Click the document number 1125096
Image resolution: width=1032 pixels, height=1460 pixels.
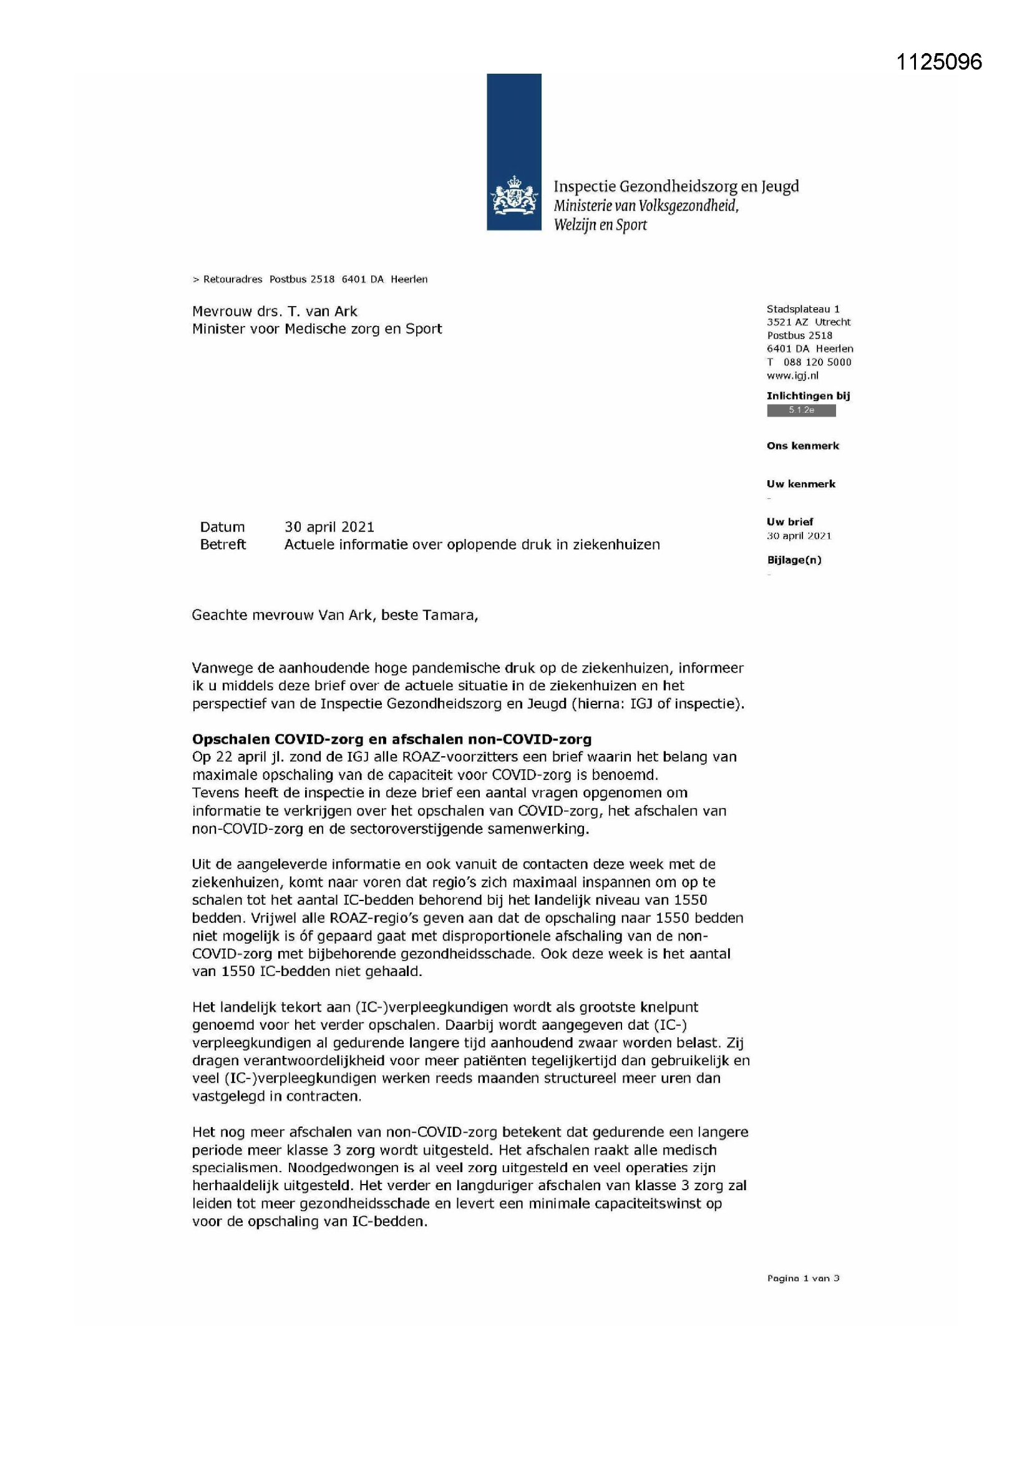point(938,62)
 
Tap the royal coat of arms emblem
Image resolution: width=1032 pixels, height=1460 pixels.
point(514,197)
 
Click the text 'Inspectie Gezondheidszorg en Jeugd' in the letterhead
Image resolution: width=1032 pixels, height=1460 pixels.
point(676,186)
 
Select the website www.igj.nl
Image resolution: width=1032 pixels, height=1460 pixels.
point(792,375)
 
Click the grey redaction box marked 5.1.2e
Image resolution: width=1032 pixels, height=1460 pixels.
point(801,410)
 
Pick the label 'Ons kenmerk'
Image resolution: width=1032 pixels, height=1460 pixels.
point(802,446)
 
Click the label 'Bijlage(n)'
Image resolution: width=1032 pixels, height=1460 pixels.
point(794,560)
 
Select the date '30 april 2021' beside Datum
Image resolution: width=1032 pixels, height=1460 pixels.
point(329,526)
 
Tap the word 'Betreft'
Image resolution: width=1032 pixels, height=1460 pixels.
point(222,545)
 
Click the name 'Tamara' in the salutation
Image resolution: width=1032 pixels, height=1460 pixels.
point(451,615)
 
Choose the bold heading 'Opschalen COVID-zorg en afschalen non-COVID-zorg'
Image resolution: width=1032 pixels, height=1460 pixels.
point(391,739)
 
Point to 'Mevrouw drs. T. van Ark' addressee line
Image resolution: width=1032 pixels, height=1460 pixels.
point(275,311)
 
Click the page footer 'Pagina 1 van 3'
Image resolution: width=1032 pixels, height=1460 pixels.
point(802,1278)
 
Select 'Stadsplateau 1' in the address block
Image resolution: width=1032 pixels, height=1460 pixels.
point(802,309)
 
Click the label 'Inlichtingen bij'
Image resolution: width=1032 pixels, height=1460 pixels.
point(807,395)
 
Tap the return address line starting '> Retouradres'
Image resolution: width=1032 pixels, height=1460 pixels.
point(310,279)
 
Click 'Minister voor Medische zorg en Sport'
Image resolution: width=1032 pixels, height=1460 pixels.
point(316,328)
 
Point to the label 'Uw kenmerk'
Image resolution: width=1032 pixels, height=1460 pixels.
point(801,484)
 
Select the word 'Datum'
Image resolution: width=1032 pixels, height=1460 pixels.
point(221,526)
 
